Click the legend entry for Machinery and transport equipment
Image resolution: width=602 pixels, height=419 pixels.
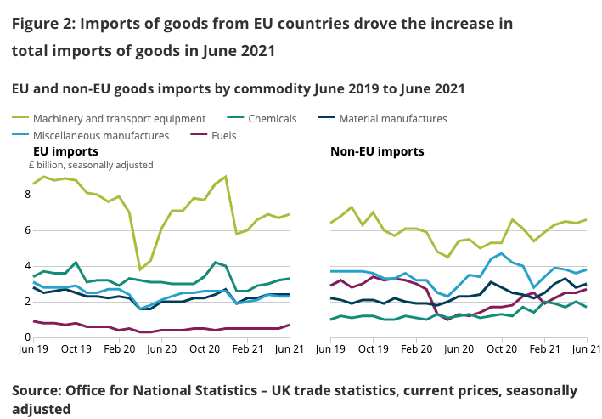point(118,118)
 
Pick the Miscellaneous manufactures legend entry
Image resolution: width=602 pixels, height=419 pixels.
point(100,134)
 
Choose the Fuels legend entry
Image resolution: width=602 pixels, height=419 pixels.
point(222,134)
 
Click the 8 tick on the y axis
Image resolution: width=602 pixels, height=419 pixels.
point(27,195)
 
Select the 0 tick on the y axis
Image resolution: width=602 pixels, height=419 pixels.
point(27,337)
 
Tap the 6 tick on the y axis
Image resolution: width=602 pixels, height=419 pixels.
point(27,230)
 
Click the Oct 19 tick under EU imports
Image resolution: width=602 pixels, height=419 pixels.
point(76,349)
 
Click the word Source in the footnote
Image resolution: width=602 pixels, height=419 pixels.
point(37,390)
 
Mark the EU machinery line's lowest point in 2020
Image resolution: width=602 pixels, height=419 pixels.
point(140,269)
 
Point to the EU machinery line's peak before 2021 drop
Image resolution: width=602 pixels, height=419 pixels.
point(225,177)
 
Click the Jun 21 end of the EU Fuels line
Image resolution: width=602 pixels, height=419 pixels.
point(289,325)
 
